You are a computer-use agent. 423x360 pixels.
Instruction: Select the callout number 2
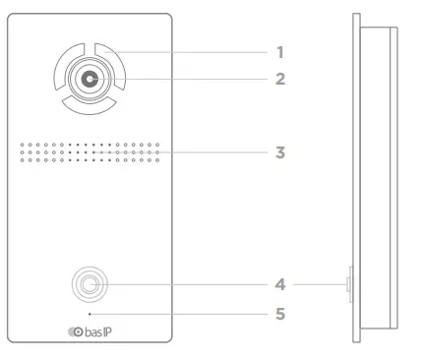click(280, 77)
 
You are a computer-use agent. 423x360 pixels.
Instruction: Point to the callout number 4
click(280, 286)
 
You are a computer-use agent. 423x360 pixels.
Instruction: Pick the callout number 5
click(280, 315)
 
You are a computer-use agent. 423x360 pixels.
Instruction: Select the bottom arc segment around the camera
click(90, 105)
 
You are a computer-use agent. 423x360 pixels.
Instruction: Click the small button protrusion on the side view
click(348, 285)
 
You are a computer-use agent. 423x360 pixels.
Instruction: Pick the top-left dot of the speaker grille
click(21, 143)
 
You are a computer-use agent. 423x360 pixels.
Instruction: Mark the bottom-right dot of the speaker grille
click(157, 162)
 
